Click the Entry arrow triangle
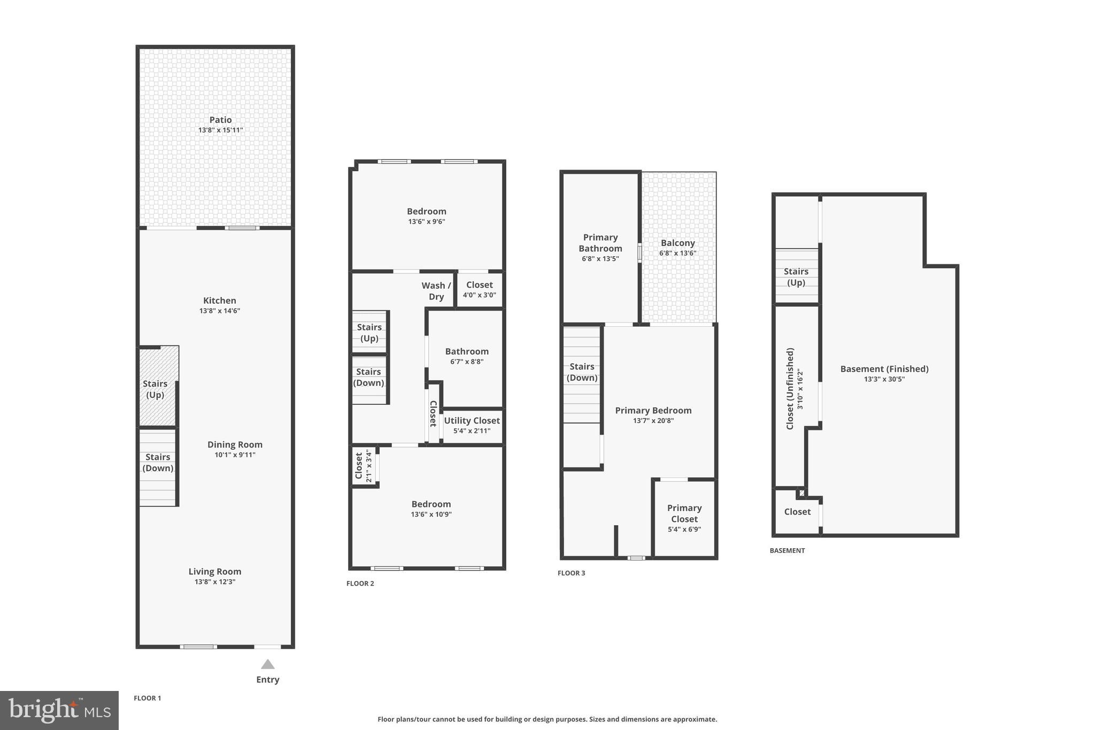coord(268,664)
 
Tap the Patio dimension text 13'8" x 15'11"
coord(220,130)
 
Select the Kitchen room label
coord(219,301)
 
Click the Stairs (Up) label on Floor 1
coord(155,389)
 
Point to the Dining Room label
coord(235,444)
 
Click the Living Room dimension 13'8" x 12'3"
coord(215,582)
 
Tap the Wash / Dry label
coord(436,291)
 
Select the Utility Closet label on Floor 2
coord(472,421)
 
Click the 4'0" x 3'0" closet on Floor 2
coord(479,289)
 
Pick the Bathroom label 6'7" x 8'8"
coord(467,356)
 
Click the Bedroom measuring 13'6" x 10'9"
coord(431,509)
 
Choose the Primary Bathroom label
coord(600,243)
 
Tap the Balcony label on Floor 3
coord(677,243)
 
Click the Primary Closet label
coord(684,513)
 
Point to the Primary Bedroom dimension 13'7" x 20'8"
coord(653,421)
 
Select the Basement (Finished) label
coord(884,369)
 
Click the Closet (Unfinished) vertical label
coord(790,389)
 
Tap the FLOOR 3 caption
coord(571,573)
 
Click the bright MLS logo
coord(59,710)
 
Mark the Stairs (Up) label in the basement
coord(796,277)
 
